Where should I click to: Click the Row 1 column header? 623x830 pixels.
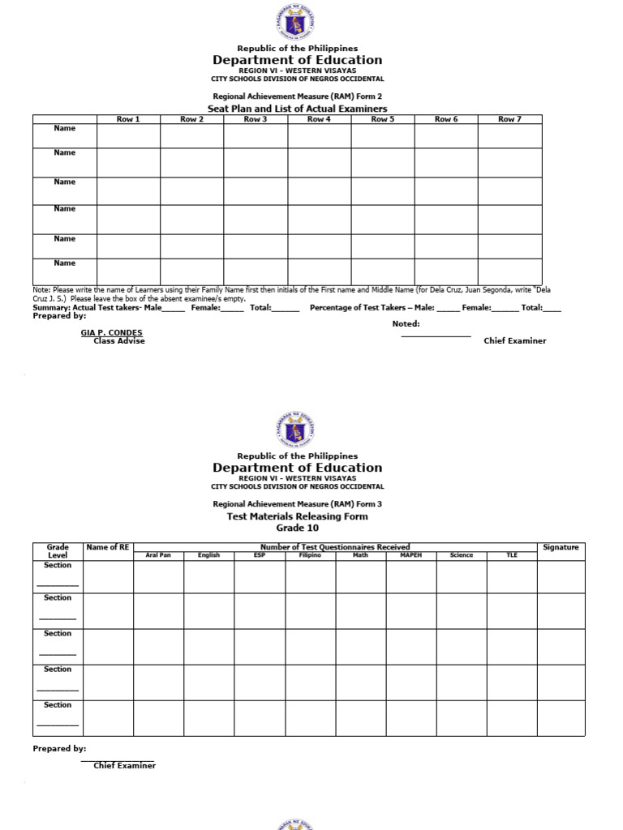[x=128, y=119]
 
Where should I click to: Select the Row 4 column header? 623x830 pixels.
[x=319, y=119]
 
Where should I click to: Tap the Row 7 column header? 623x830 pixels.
[x=509, y=119]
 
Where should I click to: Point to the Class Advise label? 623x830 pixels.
[x=119, y=341]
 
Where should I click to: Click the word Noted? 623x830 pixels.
[x=406, y=323]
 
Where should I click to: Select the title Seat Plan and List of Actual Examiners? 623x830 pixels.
[x=297, y=109]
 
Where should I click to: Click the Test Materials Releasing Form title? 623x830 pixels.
[x=297, y=516]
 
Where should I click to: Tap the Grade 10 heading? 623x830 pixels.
[x=297, y=528]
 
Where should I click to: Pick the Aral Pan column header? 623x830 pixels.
[x=158, y=555]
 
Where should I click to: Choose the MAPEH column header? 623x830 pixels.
[x=411, y=555]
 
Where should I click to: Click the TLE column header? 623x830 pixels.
[x=512, y=555]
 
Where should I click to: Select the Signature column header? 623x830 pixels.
[x=561, y=547]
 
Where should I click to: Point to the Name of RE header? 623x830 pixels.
[x=108, y=547]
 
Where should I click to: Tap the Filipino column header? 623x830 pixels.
[x=310, y=555]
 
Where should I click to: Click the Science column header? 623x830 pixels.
[x=462, y=555]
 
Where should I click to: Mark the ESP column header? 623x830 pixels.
[x=260, y=555]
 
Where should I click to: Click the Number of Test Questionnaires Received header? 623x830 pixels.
[x=335, y=547]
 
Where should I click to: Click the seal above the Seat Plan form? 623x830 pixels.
[x=297, y=23]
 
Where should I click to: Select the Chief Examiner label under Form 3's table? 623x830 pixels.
[x=124, y=766]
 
